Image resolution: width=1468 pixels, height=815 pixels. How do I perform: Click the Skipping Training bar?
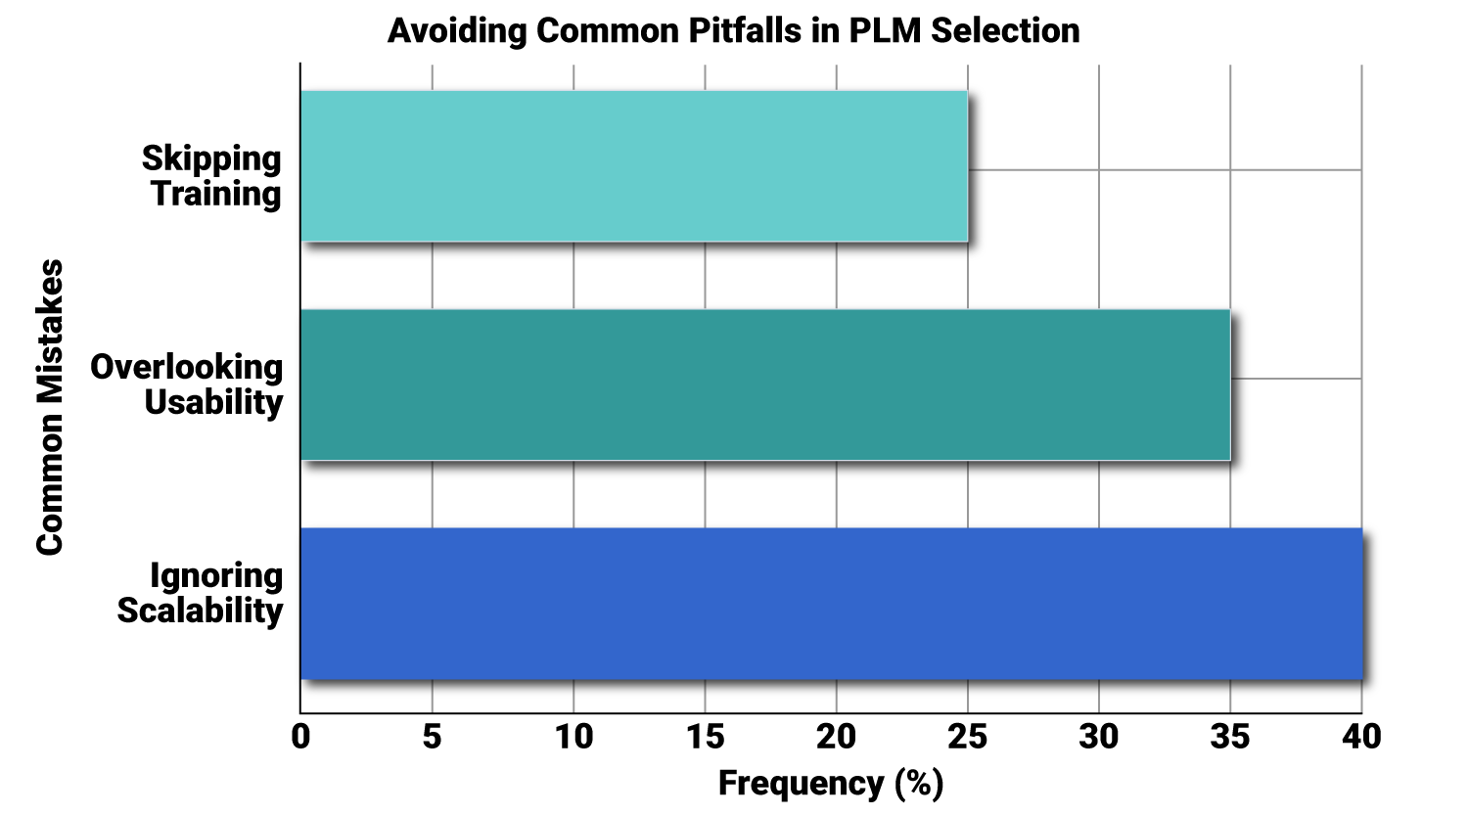[x=634, y=166]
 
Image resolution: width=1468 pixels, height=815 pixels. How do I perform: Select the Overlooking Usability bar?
[x=765, y=385]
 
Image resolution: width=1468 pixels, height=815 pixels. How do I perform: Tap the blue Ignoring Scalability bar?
[x=831, y=604]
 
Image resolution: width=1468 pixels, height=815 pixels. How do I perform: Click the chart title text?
[x=733, y=30]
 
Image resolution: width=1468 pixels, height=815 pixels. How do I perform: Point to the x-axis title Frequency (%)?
[x=831, y=784]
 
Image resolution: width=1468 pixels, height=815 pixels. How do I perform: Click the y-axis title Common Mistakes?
[x=50, y=407]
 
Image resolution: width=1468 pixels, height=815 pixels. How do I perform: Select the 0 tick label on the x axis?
[x=300, y=737]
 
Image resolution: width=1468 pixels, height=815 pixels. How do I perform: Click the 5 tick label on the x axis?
[x=432, y=737]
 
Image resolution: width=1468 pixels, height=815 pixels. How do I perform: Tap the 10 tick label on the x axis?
[x=573, y=737]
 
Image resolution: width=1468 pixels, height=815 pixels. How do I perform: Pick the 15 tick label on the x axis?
[x=705, y=737]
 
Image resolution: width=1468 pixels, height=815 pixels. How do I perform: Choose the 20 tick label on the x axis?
[x=836, y=737]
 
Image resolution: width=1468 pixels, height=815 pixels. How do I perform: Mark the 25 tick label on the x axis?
[x=967, y=737]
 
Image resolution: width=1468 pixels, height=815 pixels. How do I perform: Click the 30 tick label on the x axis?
[x=1099, y=737]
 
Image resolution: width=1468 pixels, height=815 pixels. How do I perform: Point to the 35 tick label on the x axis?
[x=1230, y=737]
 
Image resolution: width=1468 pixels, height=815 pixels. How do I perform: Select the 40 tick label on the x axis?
[x=1361, y=737]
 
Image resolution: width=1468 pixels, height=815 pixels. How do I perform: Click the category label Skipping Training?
[x=212, y=176]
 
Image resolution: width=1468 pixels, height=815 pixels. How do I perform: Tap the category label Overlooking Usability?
[x=187, y=385]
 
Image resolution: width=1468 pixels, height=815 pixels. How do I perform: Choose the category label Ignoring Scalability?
[x=201, y=593]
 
